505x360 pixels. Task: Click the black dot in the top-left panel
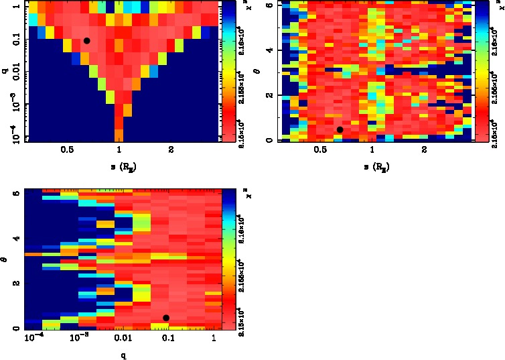click(x=86, y=41)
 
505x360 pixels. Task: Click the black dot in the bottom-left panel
click(x=165, y=318)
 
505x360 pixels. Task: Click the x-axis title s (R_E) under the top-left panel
click(x=118, y=166)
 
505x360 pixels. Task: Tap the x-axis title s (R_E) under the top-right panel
click(x=372, y=166)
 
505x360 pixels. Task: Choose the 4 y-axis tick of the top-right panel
click(x=267, y=50)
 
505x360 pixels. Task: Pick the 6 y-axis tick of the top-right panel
click(x=267, y=5)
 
